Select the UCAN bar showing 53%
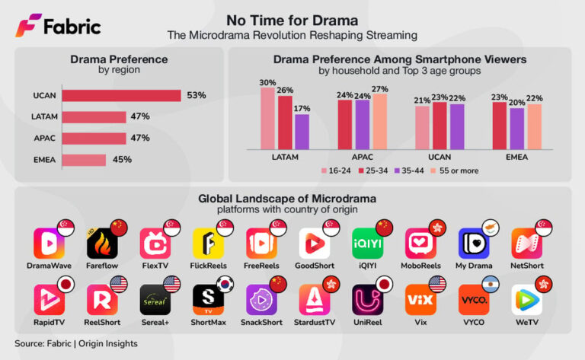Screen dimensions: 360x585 coord(121,95)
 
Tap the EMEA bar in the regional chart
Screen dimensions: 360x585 coord(84,160)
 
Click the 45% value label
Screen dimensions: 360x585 coord(122,160)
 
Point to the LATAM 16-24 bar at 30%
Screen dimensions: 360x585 coord(267,118)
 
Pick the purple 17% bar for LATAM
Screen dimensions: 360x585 coord(302,131)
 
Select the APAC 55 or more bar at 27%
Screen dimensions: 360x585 coord(379,121)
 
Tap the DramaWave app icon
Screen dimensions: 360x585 coord(49,243)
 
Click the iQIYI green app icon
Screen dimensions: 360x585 coord(367,243)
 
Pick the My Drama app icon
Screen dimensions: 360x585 coord(473,243)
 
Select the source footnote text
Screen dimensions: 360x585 coord(76,343)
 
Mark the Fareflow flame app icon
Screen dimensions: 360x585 coord(102,244)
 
